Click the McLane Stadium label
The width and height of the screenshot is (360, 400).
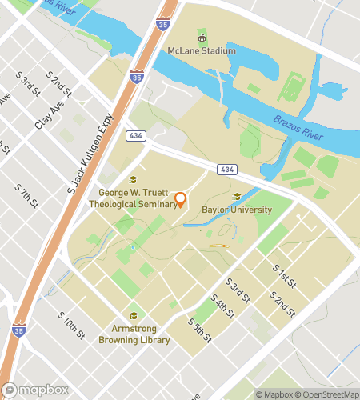tap(202, 51)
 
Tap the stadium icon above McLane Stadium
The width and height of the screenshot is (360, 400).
tap(202, 38)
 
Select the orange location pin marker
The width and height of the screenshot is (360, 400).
tap(181, 199)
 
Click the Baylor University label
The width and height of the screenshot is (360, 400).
tap(237, 210)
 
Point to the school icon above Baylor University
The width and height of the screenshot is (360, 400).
tap(236, 197)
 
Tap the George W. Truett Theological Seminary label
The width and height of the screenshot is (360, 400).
tap(138, 198)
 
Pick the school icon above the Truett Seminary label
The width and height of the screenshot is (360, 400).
tap(133, 180)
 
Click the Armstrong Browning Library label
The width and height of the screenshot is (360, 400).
tap(134, 334)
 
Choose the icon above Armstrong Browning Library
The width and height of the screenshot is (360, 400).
tap(134, 315)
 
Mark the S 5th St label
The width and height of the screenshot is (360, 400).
tap(199, 329)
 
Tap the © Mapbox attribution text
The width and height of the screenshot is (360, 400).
tap(272, 394)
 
